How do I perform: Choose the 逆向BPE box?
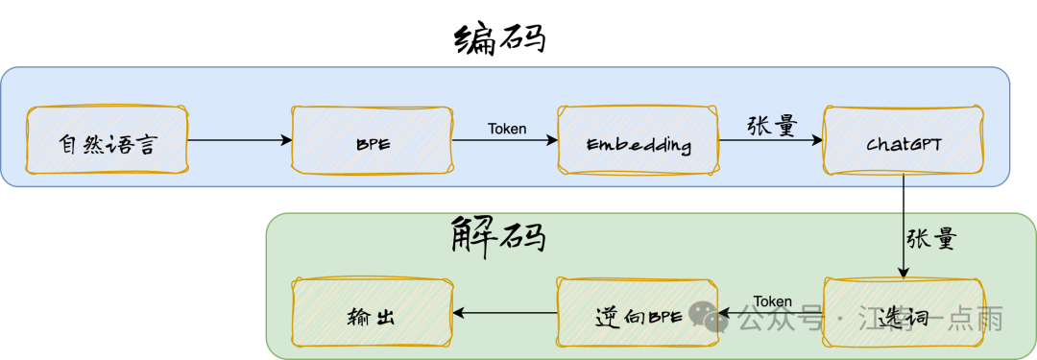[x=639, y=313]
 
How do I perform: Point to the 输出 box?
[x=372, y=313]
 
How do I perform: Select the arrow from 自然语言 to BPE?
[x=239, y=140]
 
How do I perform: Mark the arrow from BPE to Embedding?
[x=505, y=140]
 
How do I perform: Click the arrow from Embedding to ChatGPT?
[x=771, y=140]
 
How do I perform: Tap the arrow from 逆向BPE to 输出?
[x=505, y=313]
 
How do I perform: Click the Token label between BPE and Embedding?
[x=507, y=128]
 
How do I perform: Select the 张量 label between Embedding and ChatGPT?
[x=772, y=124]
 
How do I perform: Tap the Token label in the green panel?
[x=773, y=301]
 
